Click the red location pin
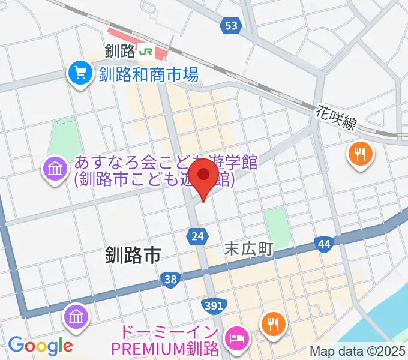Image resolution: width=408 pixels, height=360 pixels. [x=205, y=176]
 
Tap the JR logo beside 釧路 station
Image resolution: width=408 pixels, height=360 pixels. [x=145, y=52]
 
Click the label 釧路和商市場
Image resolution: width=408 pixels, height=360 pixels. [x=148, y=74]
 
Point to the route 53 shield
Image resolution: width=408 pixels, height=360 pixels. [x=232, y=25]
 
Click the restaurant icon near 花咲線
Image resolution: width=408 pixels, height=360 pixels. [x=360, y=155]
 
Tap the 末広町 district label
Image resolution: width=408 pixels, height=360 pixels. [x=249, y=248]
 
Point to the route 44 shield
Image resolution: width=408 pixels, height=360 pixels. [x=324, y=244]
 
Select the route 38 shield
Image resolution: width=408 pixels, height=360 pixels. [x=170, y=278]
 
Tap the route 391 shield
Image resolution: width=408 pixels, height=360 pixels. [x=214, y=306]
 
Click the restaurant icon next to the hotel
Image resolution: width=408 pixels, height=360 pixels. [x=274, y=325]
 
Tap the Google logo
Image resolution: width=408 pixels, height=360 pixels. [x=40, y=346]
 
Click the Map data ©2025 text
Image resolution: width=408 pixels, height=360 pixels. [x=358, y=350]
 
